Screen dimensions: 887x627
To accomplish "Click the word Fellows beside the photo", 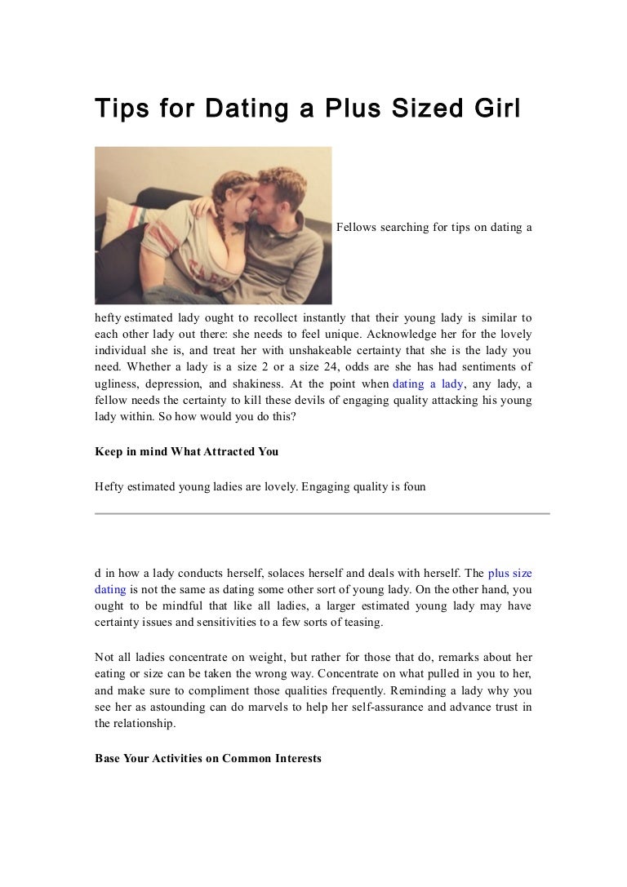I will pyautogui.click(x=357, y=227).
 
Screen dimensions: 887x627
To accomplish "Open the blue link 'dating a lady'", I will pyautogui.click(x=429, y=384).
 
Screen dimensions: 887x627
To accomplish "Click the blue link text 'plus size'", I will pyautogui.click(x=509, y=573).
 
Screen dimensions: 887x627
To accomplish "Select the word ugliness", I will pyautogui.click(x=117, y=384).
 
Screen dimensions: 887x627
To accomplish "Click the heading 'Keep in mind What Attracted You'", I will pyautogui.click(x=186, y=451).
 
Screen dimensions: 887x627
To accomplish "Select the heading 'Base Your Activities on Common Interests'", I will pyautogui.click(x=208, y=758).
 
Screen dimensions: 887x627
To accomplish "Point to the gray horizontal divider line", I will pyautogui.click(x=322, y=513).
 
